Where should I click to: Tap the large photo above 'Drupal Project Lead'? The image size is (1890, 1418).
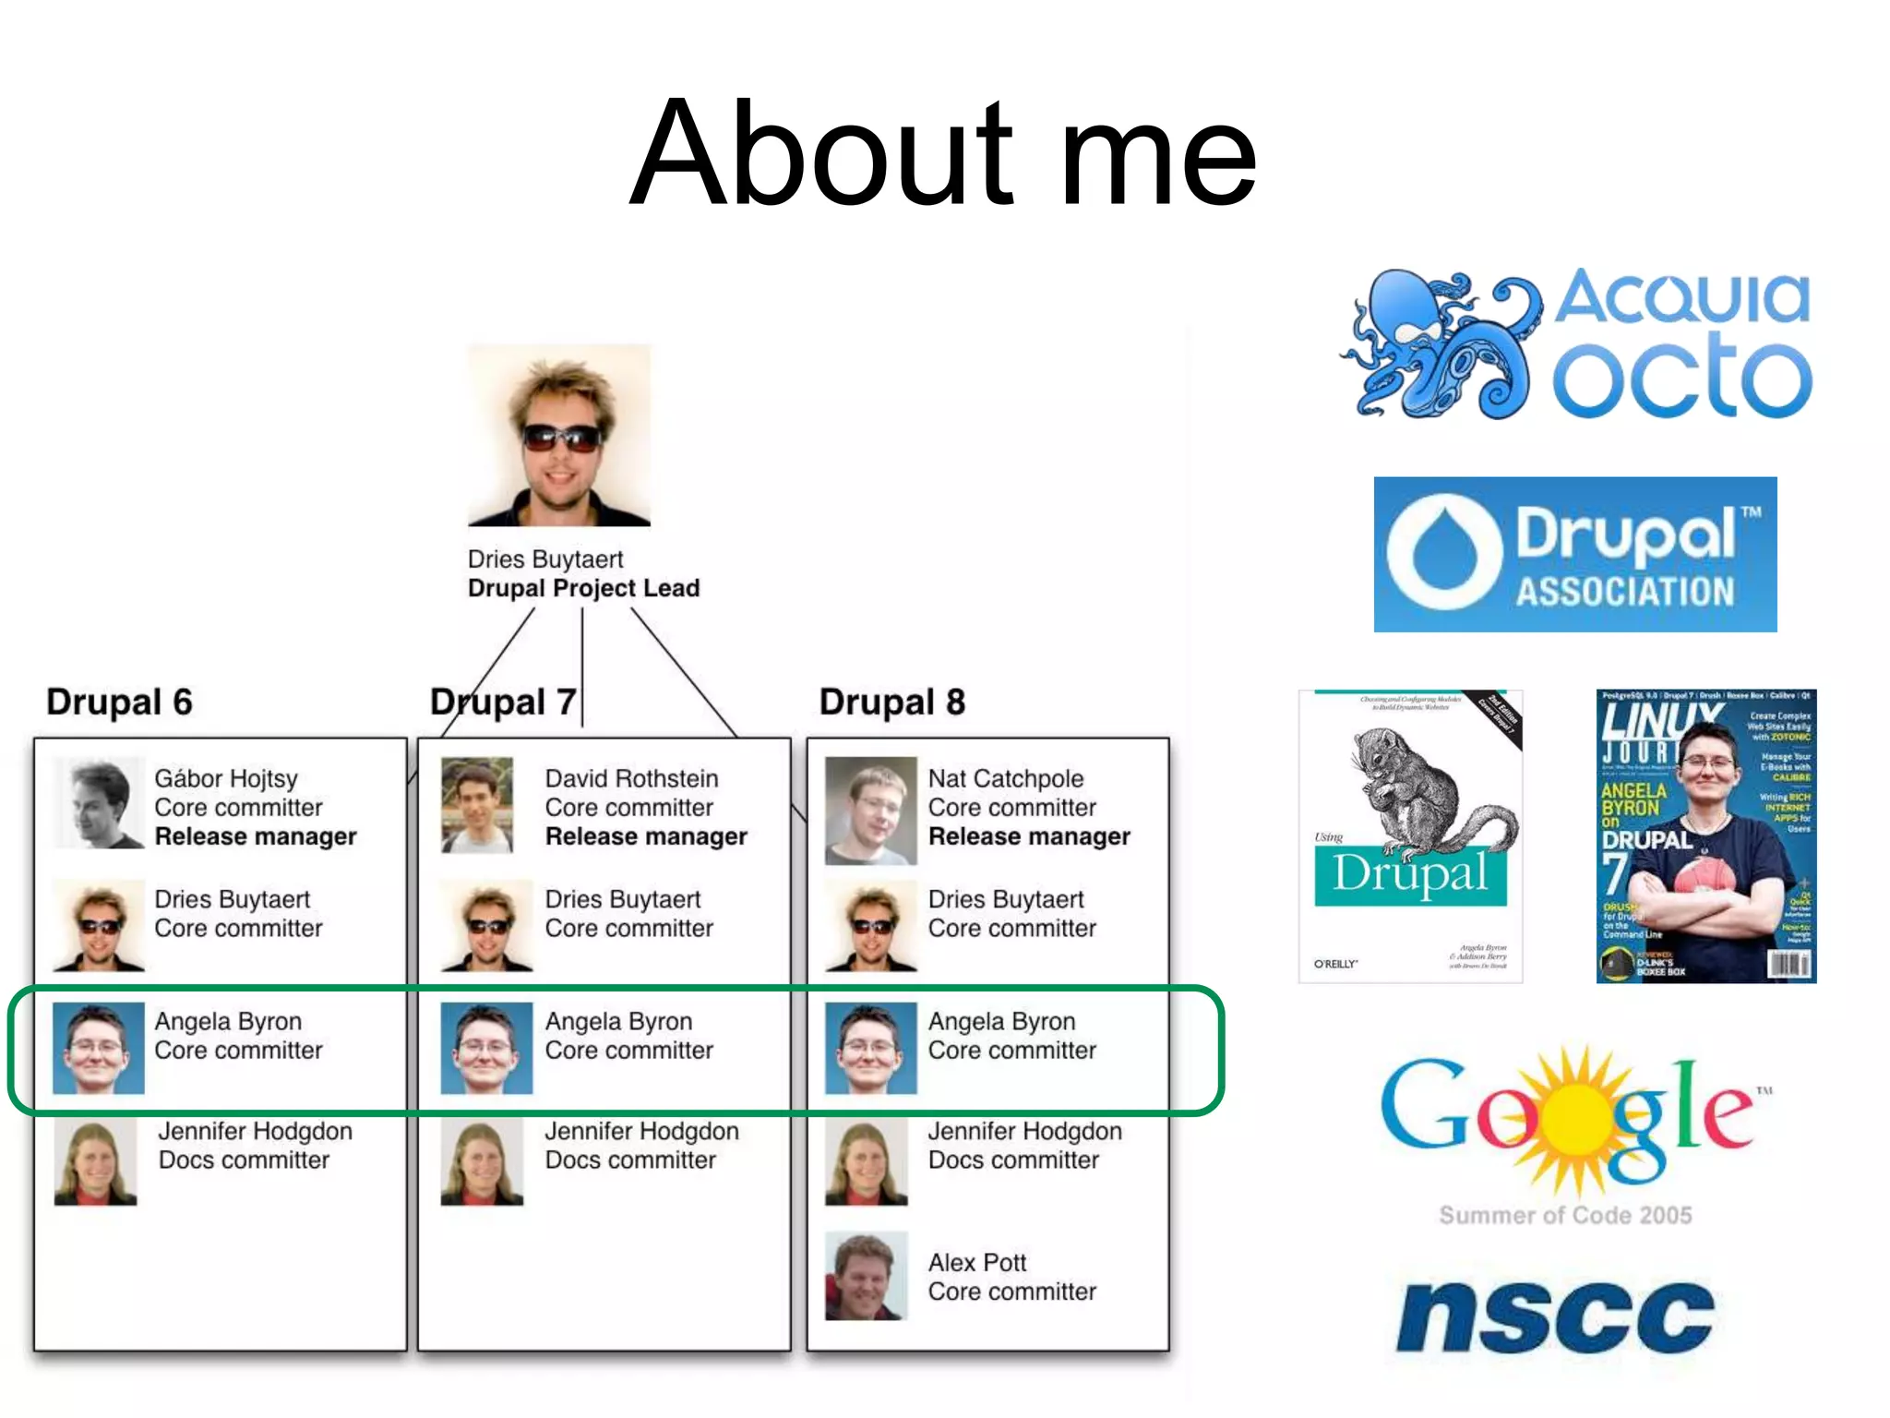[x=559, y=435]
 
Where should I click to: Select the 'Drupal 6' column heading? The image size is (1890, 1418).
[x=119, y=702]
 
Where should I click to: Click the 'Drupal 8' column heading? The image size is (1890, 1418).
[x=891, y=702]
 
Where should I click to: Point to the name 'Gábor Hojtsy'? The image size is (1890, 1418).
[x=226, y=778]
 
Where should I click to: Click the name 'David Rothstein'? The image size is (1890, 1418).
[x=631, y=778]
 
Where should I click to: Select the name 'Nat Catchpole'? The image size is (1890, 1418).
[x=1005, y=778]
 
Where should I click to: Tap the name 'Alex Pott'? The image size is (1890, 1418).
[x=976, y=1262]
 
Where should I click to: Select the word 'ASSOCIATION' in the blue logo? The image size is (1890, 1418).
[x=1625, y=592]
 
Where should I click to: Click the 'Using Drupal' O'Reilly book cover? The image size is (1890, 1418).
[x=1410, y=835]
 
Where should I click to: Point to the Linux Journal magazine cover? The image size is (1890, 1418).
[x=1705, y=835]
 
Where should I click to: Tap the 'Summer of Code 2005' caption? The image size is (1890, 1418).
[x=1565, y=1215]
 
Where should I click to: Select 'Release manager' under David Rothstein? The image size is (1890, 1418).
[x=646, y=836]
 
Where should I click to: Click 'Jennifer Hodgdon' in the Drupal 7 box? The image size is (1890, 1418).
[x=641, y=1131]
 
